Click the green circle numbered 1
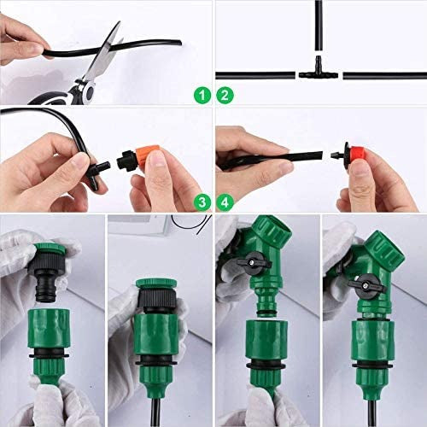[202, 97]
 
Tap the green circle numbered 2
[225, 97]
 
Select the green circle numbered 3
[202, 202]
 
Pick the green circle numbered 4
[225, 202]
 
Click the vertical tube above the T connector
[318, 30]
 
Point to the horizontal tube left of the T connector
[256, 75]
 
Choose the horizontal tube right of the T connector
[380, 75]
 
